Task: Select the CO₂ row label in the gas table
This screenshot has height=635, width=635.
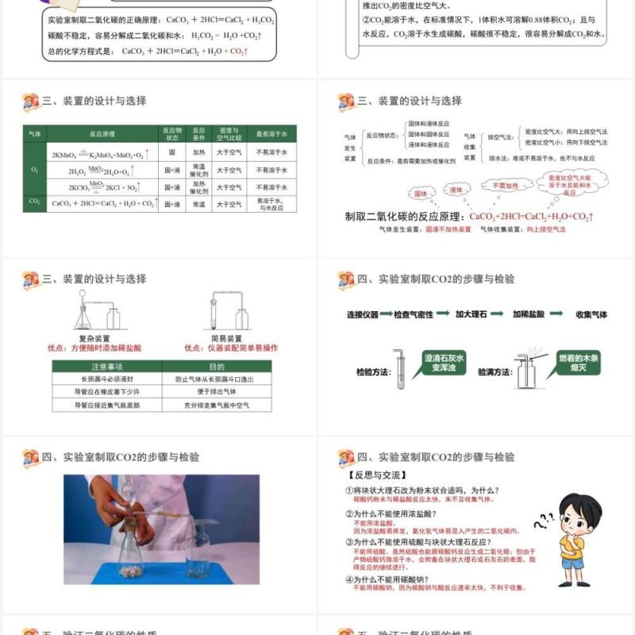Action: click(35, 203)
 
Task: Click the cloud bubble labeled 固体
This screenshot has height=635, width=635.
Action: click(420, 193)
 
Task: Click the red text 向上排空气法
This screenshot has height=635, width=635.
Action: click(546, 229)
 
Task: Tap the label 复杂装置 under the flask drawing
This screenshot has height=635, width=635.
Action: click(94, 337)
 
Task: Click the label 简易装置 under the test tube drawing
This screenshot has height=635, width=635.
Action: click(226, 337)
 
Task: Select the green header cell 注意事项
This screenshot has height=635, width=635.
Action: click(106, 367)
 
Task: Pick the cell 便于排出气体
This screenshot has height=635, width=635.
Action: click(217, 392)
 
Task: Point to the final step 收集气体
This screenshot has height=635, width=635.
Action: click(591, 314)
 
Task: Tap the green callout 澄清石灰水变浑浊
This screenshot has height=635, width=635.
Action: click(444, 363)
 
